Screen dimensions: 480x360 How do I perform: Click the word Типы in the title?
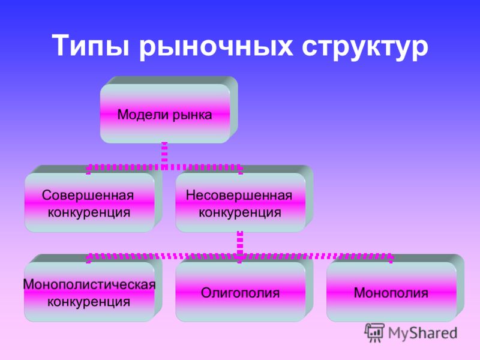[91, 46]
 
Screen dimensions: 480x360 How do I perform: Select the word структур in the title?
[365, 47]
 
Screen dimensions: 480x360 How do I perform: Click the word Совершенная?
[88, 196]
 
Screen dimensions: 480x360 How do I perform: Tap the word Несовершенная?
[239, 196]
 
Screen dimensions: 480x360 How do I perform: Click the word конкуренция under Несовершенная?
[240, 212]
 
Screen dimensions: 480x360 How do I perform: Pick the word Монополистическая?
[89, 284]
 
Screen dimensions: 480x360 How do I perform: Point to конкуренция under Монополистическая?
[89, 302]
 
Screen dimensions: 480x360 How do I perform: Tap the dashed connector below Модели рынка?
[164, 154]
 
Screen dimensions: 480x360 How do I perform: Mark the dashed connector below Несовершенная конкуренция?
[240, 243]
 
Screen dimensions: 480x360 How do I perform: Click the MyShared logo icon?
[374, 332]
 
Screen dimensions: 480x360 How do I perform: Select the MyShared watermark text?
[422, 334]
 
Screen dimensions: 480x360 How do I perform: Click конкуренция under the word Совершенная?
[89, 212]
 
